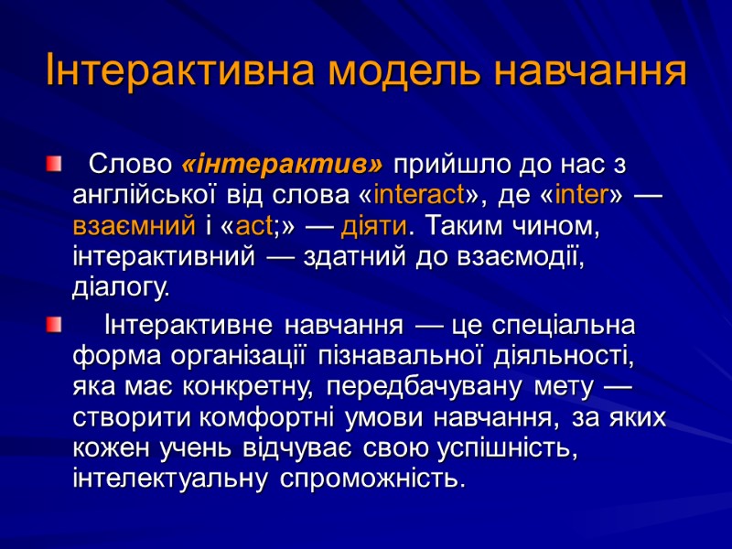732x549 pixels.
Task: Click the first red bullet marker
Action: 55,165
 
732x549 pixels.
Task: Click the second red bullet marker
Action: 55,324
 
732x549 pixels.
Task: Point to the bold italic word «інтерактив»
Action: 283,166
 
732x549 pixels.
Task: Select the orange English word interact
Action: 421,196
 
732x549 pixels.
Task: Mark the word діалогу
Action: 120,288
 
